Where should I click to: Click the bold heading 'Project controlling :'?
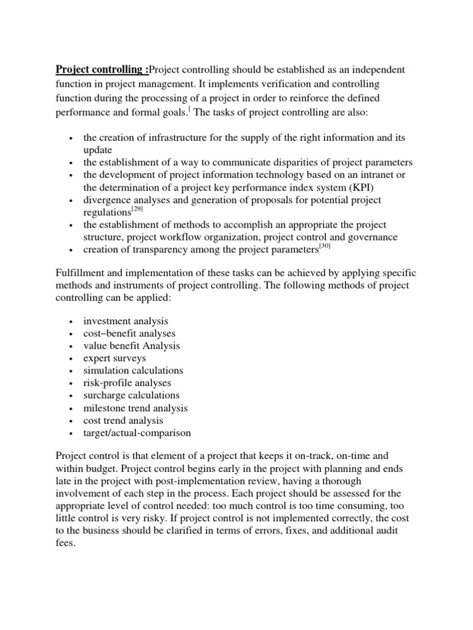pos(102,69)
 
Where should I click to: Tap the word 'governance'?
pos(374,237)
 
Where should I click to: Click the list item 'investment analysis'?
pos(126,321)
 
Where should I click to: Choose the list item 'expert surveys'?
pos(115,358)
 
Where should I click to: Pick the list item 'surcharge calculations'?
pos(131,395)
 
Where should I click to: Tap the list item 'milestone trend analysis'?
pos(135,408)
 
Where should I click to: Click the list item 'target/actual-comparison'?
pos(137,433)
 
